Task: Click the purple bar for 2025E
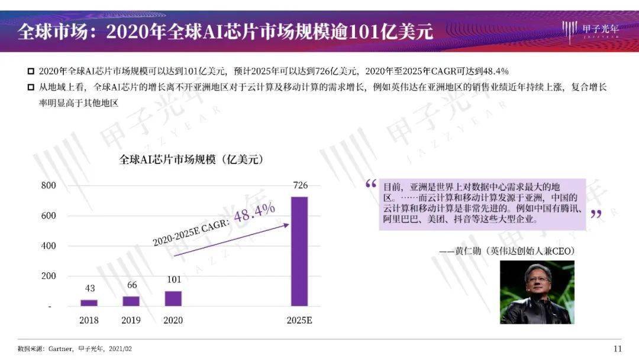tap(299, 251)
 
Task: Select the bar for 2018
tap(89, 303)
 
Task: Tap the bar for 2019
tap(131, 301)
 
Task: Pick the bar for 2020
tap(173, 298)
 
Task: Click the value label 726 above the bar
tap(300, 186)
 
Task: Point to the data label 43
tap(89, 288)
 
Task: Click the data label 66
tap(131, 285)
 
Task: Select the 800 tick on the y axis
tap(49, 186)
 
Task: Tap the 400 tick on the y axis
tap(49, 246)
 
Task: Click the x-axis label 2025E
tap(299, 320)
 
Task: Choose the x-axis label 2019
tap(131, 320)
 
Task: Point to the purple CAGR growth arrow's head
tap(286, 224)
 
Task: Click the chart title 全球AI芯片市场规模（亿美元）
tap(191, 160)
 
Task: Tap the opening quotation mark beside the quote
tap(371, 184)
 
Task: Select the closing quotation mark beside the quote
tap(596, 214)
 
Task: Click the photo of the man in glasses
tap(537, 292)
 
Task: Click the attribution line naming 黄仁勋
tap(507, 251)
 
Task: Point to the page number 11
tap(617, 348)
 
